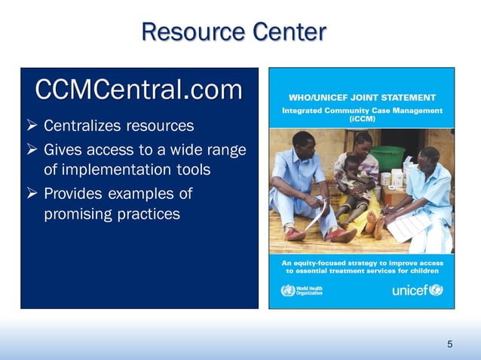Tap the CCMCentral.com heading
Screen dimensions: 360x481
(x=139, y=90)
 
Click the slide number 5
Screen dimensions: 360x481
(x=450, y=344)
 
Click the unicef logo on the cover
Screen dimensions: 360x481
(x=417, y=291)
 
